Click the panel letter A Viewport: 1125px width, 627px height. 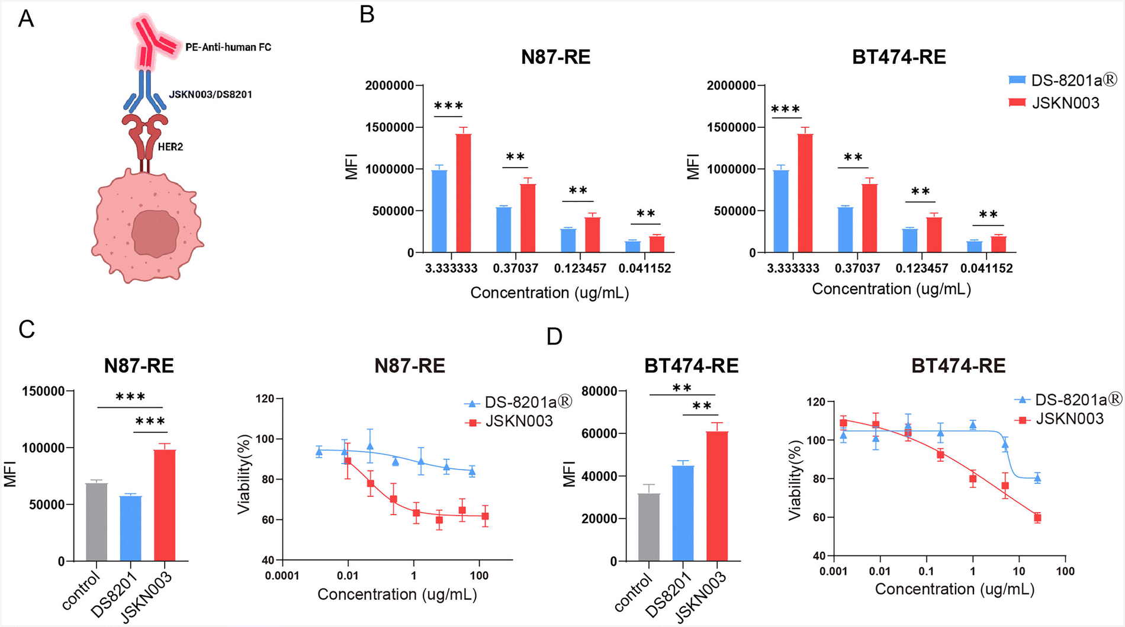coord(26,19)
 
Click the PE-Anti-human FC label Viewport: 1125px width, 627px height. coord(228,47)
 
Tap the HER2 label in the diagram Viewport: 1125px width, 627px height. coord(171,147)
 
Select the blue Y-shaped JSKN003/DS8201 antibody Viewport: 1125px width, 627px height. coord(145,92)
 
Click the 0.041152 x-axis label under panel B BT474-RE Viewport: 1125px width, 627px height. coord(986,268)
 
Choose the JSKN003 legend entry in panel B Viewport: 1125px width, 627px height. coord(1054,103)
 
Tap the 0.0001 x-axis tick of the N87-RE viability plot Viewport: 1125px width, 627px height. coord(282,575)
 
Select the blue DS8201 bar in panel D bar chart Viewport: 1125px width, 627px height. coord(683,513)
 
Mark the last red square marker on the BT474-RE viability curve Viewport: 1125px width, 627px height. coord(1037,517)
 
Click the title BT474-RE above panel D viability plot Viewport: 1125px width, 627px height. coord(958,366)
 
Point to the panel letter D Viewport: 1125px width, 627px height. coord(554,336)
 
